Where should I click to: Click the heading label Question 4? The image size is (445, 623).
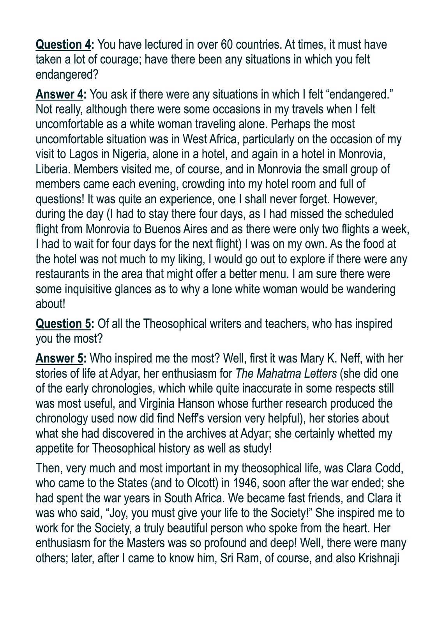63,45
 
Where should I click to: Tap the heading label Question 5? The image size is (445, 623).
63,324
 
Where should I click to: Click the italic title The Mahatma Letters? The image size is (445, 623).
286,373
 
